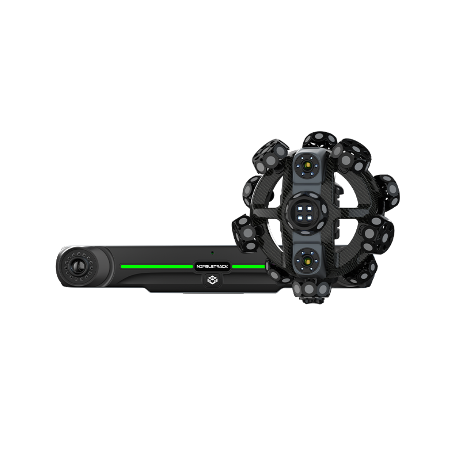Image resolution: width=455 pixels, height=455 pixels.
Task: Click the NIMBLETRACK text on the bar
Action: tap(212, 266)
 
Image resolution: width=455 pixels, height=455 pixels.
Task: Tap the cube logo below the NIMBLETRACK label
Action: tap(212, 280)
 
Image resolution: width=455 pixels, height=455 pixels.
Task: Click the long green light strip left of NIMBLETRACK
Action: tap(157, 266)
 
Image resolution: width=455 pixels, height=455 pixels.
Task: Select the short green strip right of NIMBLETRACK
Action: tap(249, 266)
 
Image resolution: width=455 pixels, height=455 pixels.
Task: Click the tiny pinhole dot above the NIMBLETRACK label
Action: tap(212, 252)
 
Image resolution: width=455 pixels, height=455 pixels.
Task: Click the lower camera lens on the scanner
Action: tap(306, 261)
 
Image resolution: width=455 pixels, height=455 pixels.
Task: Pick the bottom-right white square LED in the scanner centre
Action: tap(309, 218)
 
